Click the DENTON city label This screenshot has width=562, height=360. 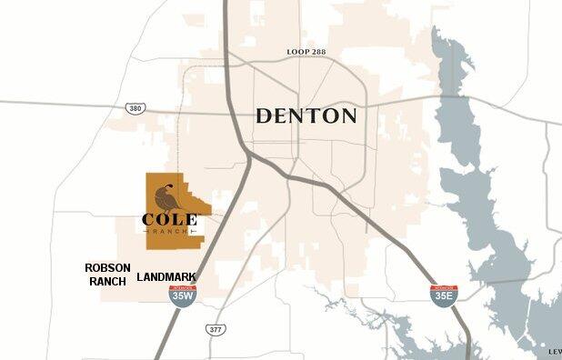(x=306, y=116)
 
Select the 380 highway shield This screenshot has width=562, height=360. (x=135, y=108)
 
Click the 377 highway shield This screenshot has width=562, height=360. (x=215, y=329)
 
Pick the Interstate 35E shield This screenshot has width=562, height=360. (x=443, y=295)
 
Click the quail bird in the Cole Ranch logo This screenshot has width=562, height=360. (x=166, y=198)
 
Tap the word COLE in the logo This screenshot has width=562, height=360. (x=169, y=220)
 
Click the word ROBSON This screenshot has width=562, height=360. (x=107, y=268)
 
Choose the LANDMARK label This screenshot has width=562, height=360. (x=166, y=277)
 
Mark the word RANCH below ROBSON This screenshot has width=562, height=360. (x=107, y=282)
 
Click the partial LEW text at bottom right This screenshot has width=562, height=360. (x=555, y=351)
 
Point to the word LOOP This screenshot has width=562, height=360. (x=296, y=53)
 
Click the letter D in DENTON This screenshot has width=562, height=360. (x=263, y=116)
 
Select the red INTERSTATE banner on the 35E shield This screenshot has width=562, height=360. (x=443, y=287)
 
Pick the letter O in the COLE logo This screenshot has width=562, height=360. (x=163, y=220)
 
